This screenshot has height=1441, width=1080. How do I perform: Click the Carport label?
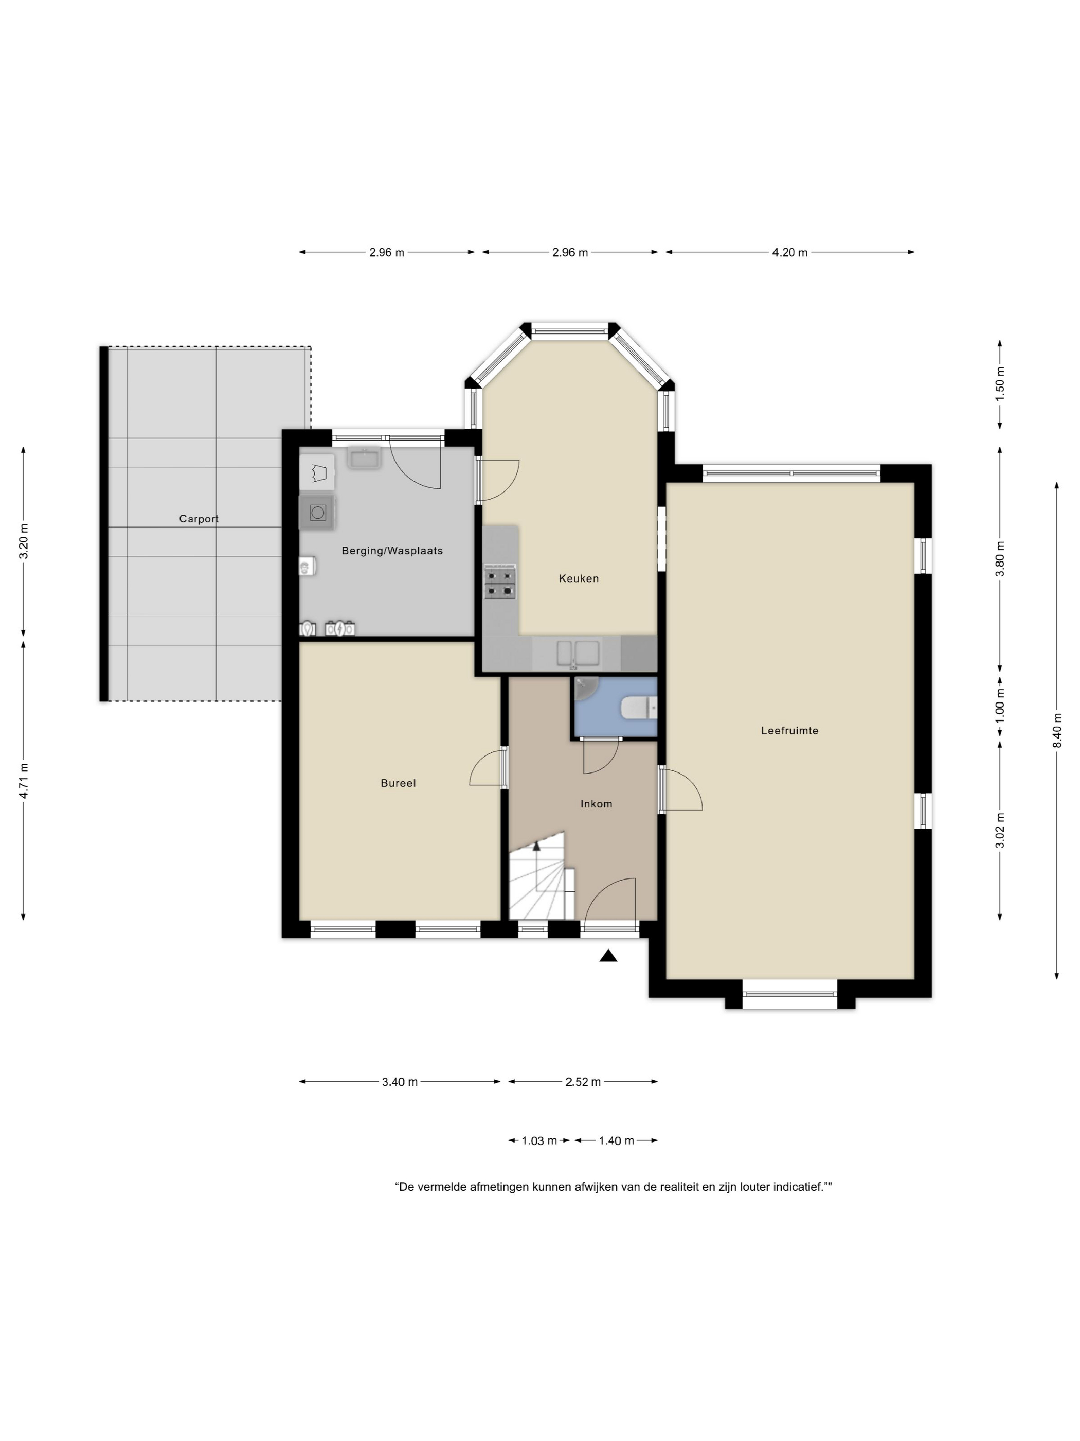[199, 519]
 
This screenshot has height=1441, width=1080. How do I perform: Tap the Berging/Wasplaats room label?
[392, 551]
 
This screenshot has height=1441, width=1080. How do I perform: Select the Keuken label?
[578, 578]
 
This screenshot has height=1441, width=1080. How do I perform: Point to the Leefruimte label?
[789, 731]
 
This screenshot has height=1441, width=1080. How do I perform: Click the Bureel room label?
[398, 784]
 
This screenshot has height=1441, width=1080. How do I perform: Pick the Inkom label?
[596, 804]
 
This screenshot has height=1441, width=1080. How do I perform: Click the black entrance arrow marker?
[608, 956]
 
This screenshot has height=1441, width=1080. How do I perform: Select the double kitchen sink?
[578, 654]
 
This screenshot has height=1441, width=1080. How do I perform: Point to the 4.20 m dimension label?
[789, 253]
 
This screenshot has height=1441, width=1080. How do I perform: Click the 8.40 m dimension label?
[1056, 730]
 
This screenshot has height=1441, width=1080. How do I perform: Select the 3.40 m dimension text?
[400, 1082]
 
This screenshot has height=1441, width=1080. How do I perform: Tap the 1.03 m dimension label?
[539, 1140]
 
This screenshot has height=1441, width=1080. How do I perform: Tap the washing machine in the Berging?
[318, 513]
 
